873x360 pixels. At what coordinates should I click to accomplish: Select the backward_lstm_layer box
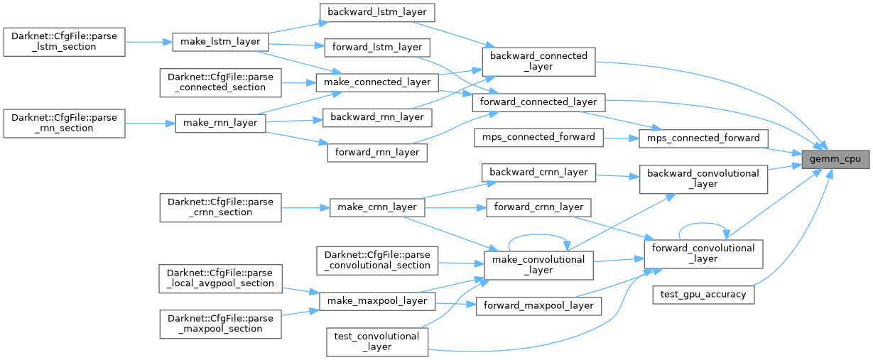click(x=376, y=12)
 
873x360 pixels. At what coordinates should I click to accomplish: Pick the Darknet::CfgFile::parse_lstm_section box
click(x=64, y=41)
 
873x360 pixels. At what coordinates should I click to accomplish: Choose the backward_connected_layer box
click(x=538, y=62)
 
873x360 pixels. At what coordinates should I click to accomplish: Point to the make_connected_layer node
click(x=376, y=82)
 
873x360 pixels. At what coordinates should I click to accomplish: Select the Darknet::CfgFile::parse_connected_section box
click(x=220, y=82)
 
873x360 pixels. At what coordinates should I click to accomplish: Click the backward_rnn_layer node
click(x=376, y=116)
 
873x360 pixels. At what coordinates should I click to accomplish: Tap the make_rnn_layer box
click(x=220, y=123)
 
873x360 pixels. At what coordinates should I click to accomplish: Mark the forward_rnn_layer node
click(x=376, y=152)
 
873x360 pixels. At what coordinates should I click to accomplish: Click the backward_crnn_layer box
click(x=538, y=172)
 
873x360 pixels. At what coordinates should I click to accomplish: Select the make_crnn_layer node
click(x=376, y=207)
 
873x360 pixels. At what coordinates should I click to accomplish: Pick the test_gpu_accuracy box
click(x=703, y=294)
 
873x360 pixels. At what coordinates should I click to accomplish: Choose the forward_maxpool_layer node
click(x=538, y=306)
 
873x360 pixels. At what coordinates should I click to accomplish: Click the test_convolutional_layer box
click(x=376, y=341)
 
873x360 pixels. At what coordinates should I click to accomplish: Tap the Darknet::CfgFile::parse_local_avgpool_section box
click(x=220, y=278)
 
